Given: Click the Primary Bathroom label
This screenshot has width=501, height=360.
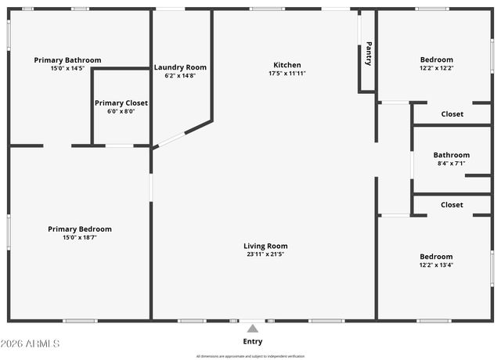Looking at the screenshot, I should coord(67,60).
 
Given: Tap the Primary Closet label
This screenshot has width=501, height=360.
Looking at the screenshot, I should coord(121,103).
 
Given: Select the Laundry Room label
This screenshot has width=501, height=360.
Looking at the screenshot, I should coord(180,67).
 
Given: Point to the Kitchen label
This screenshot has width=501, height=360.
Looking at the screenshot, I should coord(287,65).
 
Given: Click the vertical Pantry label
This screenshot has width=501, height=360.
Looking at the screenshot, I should coord(368,53).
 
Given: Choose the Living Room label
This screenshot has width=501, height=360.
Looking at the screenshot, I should coord(265,246).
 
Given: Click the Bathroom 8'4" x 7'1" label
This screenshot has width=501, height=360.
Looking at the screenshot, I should coord(452,155).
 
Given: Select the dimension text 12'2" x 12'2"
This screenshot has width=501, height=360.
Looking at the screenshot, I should coord(436,68).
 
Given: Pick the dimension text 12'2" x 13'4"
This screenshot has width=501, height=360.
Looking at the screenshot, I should coord(436,265).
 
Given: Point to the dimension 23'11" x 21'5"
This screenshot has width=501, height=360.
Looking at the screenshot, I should coord(265,254).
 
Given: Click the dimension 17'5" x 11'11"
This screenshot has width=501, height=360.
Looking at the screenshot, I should coord(287,74).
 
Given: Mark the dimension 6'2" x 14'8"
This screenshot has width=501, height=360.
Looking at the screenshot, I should coord(180,76).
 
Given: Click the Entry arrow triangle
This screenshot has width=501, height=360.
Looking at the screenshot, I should coord(252,329).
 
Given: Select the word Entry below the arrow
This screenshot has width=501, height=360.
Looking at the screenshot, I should coord(252,341).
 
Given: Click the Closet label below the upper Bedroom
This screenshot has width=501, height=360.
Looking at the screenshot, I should coord(452,114).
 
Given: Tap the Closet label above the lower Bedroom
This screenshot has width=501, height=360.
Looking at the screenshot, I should coord(452,205).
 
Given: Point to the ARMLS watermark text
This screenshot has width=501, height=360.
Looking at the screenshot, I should coord(31,344).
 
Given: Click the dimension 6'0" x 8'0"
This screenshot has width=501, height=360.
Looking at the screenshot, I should coord(121,111).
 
